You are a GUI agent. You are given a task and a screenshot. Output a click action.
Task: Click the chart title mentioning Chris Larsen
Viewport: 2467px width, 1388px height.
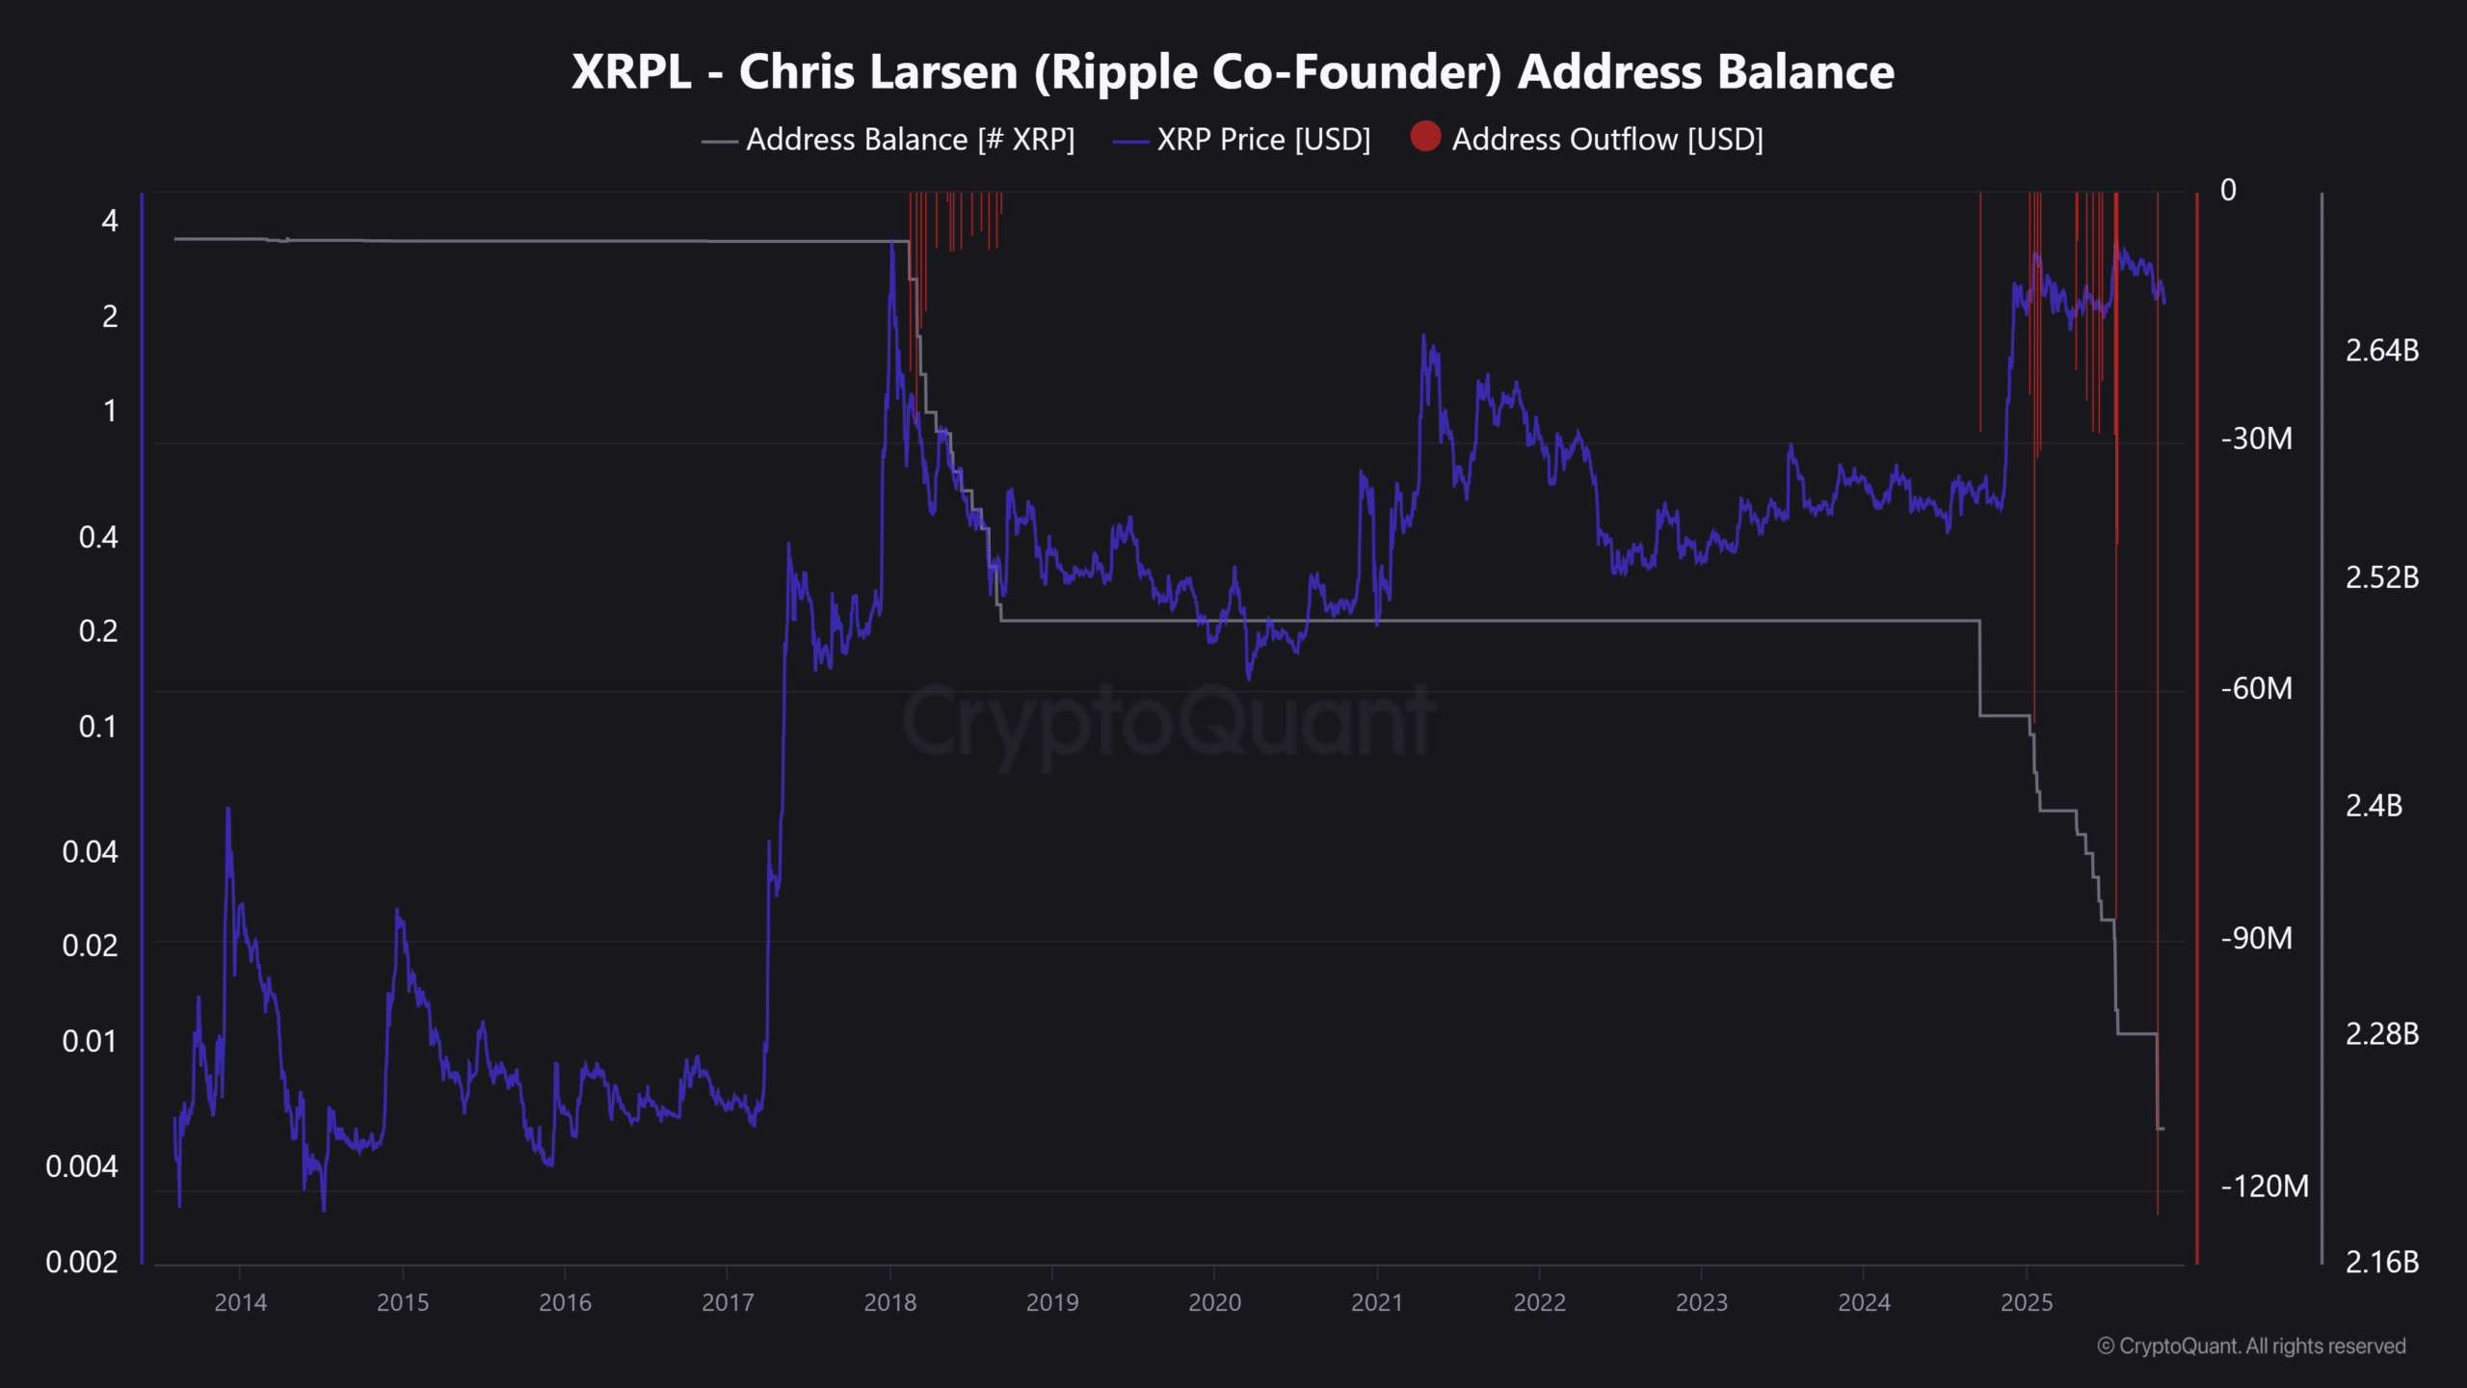(1233, 72)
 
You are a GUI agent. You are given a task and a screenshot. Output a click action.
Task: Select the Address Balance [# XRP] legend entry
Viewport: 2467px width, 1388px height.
(909, 140)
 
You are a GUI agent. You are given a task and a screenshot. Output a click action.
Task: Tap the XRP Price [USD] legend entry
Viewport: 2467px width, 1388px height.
(1262, 140)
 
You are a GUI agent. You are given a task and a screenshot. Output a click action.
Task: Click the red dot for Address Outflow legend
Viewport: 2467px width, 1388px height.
(1425, 137)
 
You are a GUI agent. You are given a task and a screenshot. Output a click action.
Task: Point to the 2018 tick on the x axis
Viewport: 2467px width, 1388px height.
(889, 1302)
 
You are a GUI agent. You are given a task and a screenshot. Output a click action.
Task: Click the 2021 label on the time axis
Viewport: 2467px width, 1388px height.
(1377, 1302)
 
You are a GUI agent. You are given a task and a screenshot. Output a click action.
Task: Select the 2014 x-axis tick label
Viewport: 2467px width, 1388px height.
(240, 1302)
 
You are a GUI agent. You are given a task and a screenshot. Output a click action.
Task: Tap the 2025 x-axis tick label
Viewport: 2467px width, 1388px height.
(2027, 1302)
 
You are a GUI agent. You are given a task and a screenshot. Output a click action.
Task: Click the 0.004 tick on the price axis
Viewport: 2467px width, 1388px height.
(82, 1166)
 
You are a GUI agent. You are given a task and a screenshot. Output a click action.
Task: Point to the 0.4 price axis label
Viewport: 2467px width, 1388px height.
(98, 537)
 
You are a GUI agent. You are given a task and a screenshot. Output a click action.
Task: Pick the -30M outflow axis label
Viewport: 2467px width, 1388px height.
(2256, 439)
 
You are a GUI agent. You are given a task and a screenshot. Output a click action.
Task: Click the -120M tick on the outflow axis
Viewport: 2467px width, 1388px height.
(2264, 1186)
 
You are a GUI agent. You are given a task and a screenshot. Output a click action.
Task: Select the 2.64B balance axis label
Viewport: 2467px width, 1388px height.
(2381, 350)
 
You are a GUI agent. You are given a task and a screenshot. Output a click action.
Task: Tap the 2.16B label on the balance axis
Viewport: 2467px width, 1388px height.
(2381, 1262)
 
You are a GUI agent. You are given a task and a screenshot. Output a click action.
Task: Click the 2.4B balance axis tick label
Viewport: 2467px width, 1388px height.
(2374, 806)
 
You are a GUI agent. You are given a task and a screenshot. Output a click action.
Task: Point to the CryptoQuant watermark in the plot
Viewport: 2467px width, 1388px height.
(1168, 721)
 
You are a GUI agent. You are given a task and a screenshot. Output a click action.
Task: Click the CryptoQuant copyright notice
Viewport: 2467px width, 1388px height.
(2251, 1346)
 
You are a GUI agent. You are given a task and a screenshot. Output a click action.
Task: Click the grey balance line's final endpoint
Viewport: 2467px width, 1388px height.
(2164, 1129)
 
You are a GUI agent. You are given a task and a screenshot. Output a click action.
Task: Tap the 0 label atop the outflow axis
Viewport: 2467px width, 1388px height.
(2228, 190)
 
